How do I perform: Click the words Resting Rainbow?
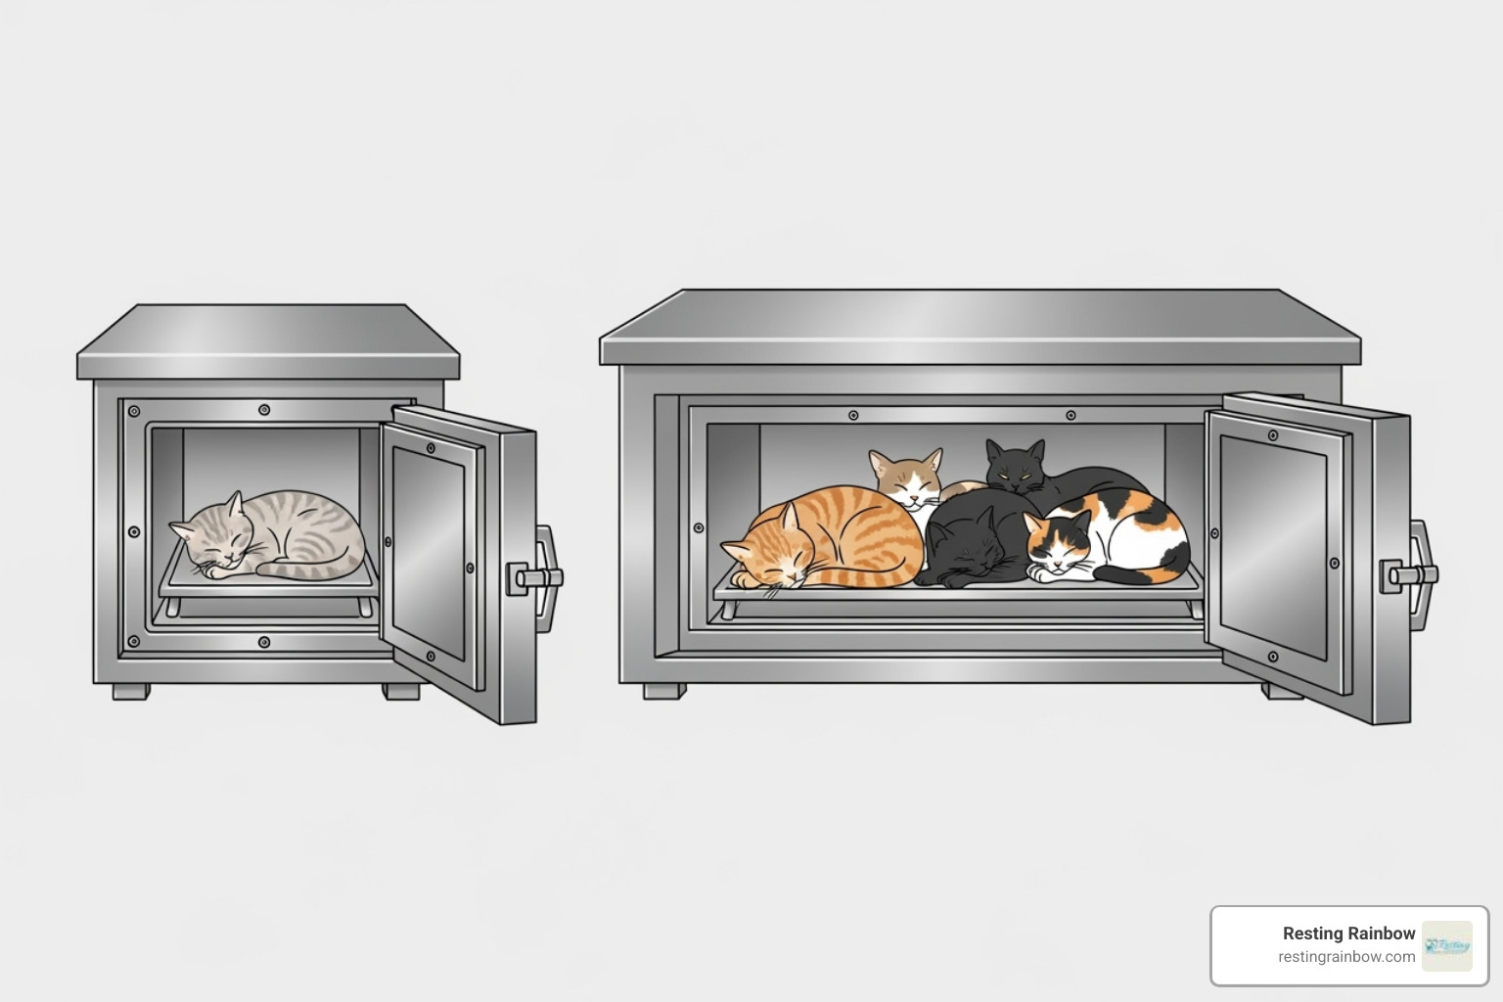[x=1348, y=934]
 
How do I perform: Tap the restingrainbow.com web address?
[x=1346, y=957]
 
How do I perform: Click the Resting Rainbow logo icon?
[x=1447, y=945]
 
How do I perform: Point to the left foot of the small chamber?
[x=130, y=691]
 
